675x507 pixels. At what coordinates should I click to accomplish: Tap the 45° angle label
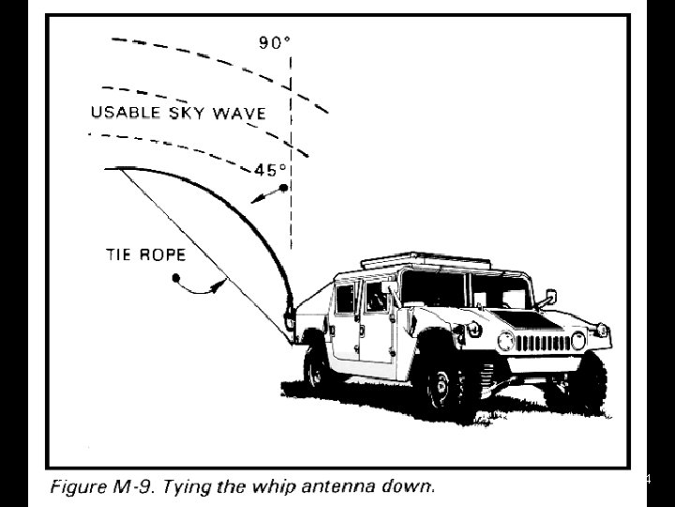[x=272, y=172]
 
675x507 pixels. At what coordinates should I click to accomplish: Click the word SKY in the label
[x=187, y=114]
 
